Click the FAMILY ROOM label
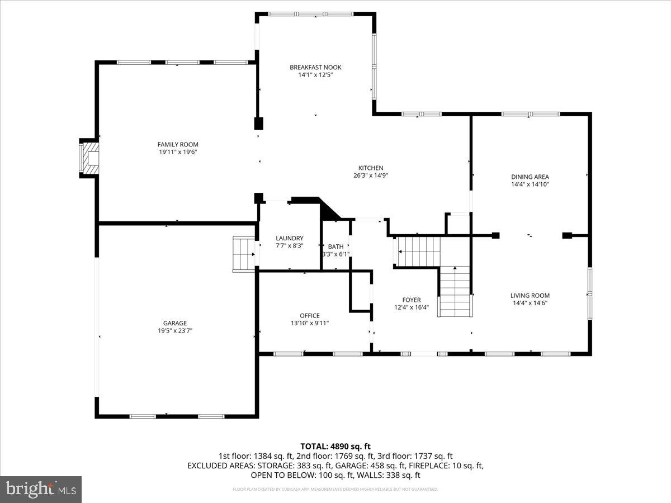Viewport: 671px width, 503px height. point(177,144)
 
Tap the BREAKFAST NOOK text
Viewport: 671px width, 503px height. point(315,67)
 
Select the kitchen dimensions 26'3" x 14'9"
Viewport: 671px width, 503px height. point(371,175)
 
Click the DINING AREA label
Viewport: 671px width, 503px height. point(530,177)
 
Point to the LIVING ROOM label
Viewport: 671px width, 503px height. point(530,296)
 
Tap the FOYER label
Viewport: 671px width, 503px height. point(412,300)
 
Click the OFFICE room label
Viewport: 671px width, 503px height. point(309,316)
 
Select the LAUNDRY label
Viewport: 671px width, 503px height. point(289,238)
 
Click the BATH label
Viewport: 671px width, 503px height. point(335,246)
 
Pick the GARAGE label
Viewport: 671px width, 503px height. point(175,323)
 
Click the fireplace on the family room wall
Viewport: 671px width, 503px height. point(88,158)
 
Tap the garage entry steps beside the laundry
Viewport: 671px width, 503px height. point(243,254)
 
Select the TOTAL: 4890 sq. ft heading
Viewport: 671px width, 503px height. point(335,446)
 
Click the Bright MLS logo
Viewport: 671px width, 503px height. point(41,489)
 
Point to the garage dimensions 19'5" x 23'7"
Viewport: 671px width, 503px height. point(175,330)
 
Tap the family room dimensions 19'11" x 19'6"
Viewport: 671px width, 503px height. point(177,151)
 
